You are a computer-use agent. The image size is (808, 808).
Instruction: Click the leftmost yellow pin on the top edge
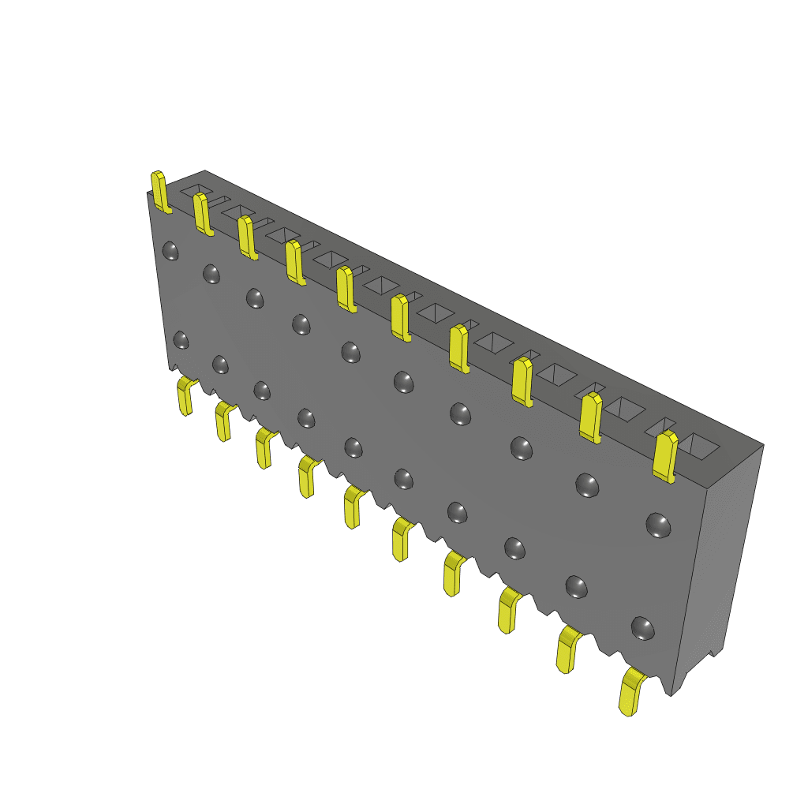[160, 192]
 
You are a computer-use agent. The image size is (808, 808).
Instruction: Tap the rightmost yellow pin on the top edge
[664, 456]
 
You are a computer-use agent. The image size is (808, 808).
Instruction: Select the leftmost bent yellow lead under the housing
[185, 396]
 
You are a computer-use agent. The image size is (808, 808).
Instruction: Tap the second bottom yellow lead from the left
[223, 422]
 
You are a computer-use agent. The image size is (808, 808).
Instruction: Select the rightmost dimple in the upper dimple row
[658, 525]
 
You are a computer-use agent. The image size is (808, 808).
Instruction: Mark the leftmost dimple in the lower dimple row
[181, 340]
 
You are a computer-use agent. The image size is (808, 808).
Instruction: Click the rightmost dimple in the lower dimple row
[643, 627]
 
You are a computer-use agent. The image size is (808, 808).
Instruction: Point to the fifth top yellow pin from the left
[345, 289]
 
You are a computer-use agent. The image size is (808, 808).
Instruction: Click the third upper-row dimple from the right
[522, 448]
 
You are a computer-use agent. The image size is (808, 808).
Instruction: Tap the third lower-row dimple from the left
[262, 391]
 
